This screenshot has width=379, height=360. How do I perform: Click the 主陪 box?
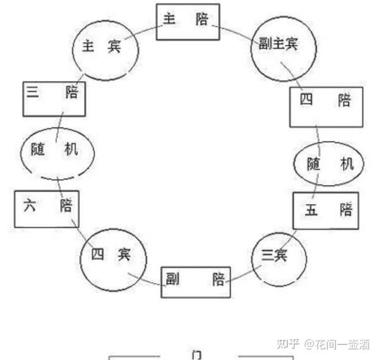pyautogui.click(x=188, y=21)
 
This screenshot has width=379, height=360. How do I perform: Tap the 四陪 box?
pyautogui.click(x=327, y=105)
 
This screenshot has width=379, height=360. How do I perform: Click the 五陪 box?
pyautogui.click(x=325, y=210)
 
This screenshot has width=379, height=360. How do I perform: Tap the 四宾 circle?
pyautogui.click(x=114, y=256)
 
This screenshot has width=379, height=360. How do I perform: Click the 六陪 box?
pyautogui.click(x=47, y=208)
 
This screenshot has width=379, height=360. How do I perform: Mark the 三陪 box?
pyautogui.click(x=54, y=99)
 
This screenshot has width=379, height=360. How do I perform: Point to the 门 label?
pyautogui.click(x=197, y=354)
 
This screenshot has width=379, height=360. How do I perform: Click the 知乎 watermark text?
pyautogui.click(x=289, y=344)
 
